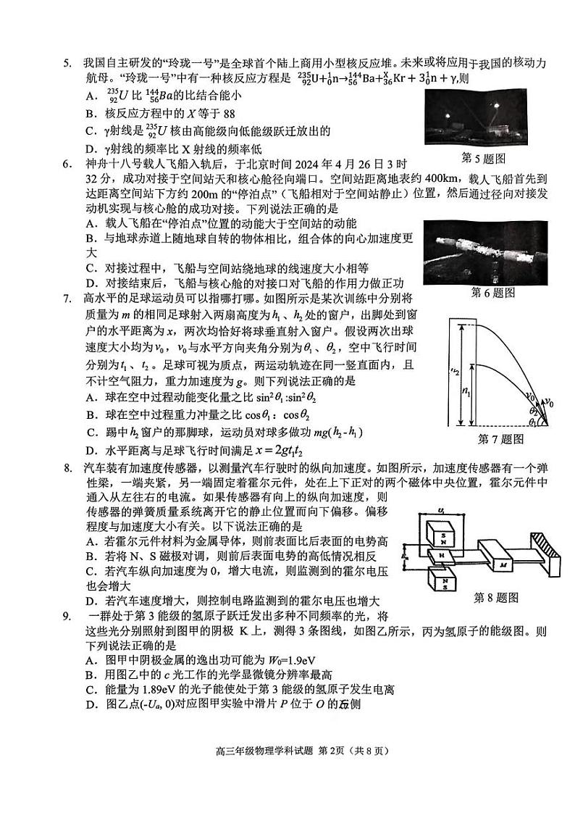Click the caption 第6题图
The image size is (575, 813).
pyautogui.click(x=492, y=292)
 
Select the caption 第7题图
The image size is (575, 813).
pyautogui.click(x=500, y=439)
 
